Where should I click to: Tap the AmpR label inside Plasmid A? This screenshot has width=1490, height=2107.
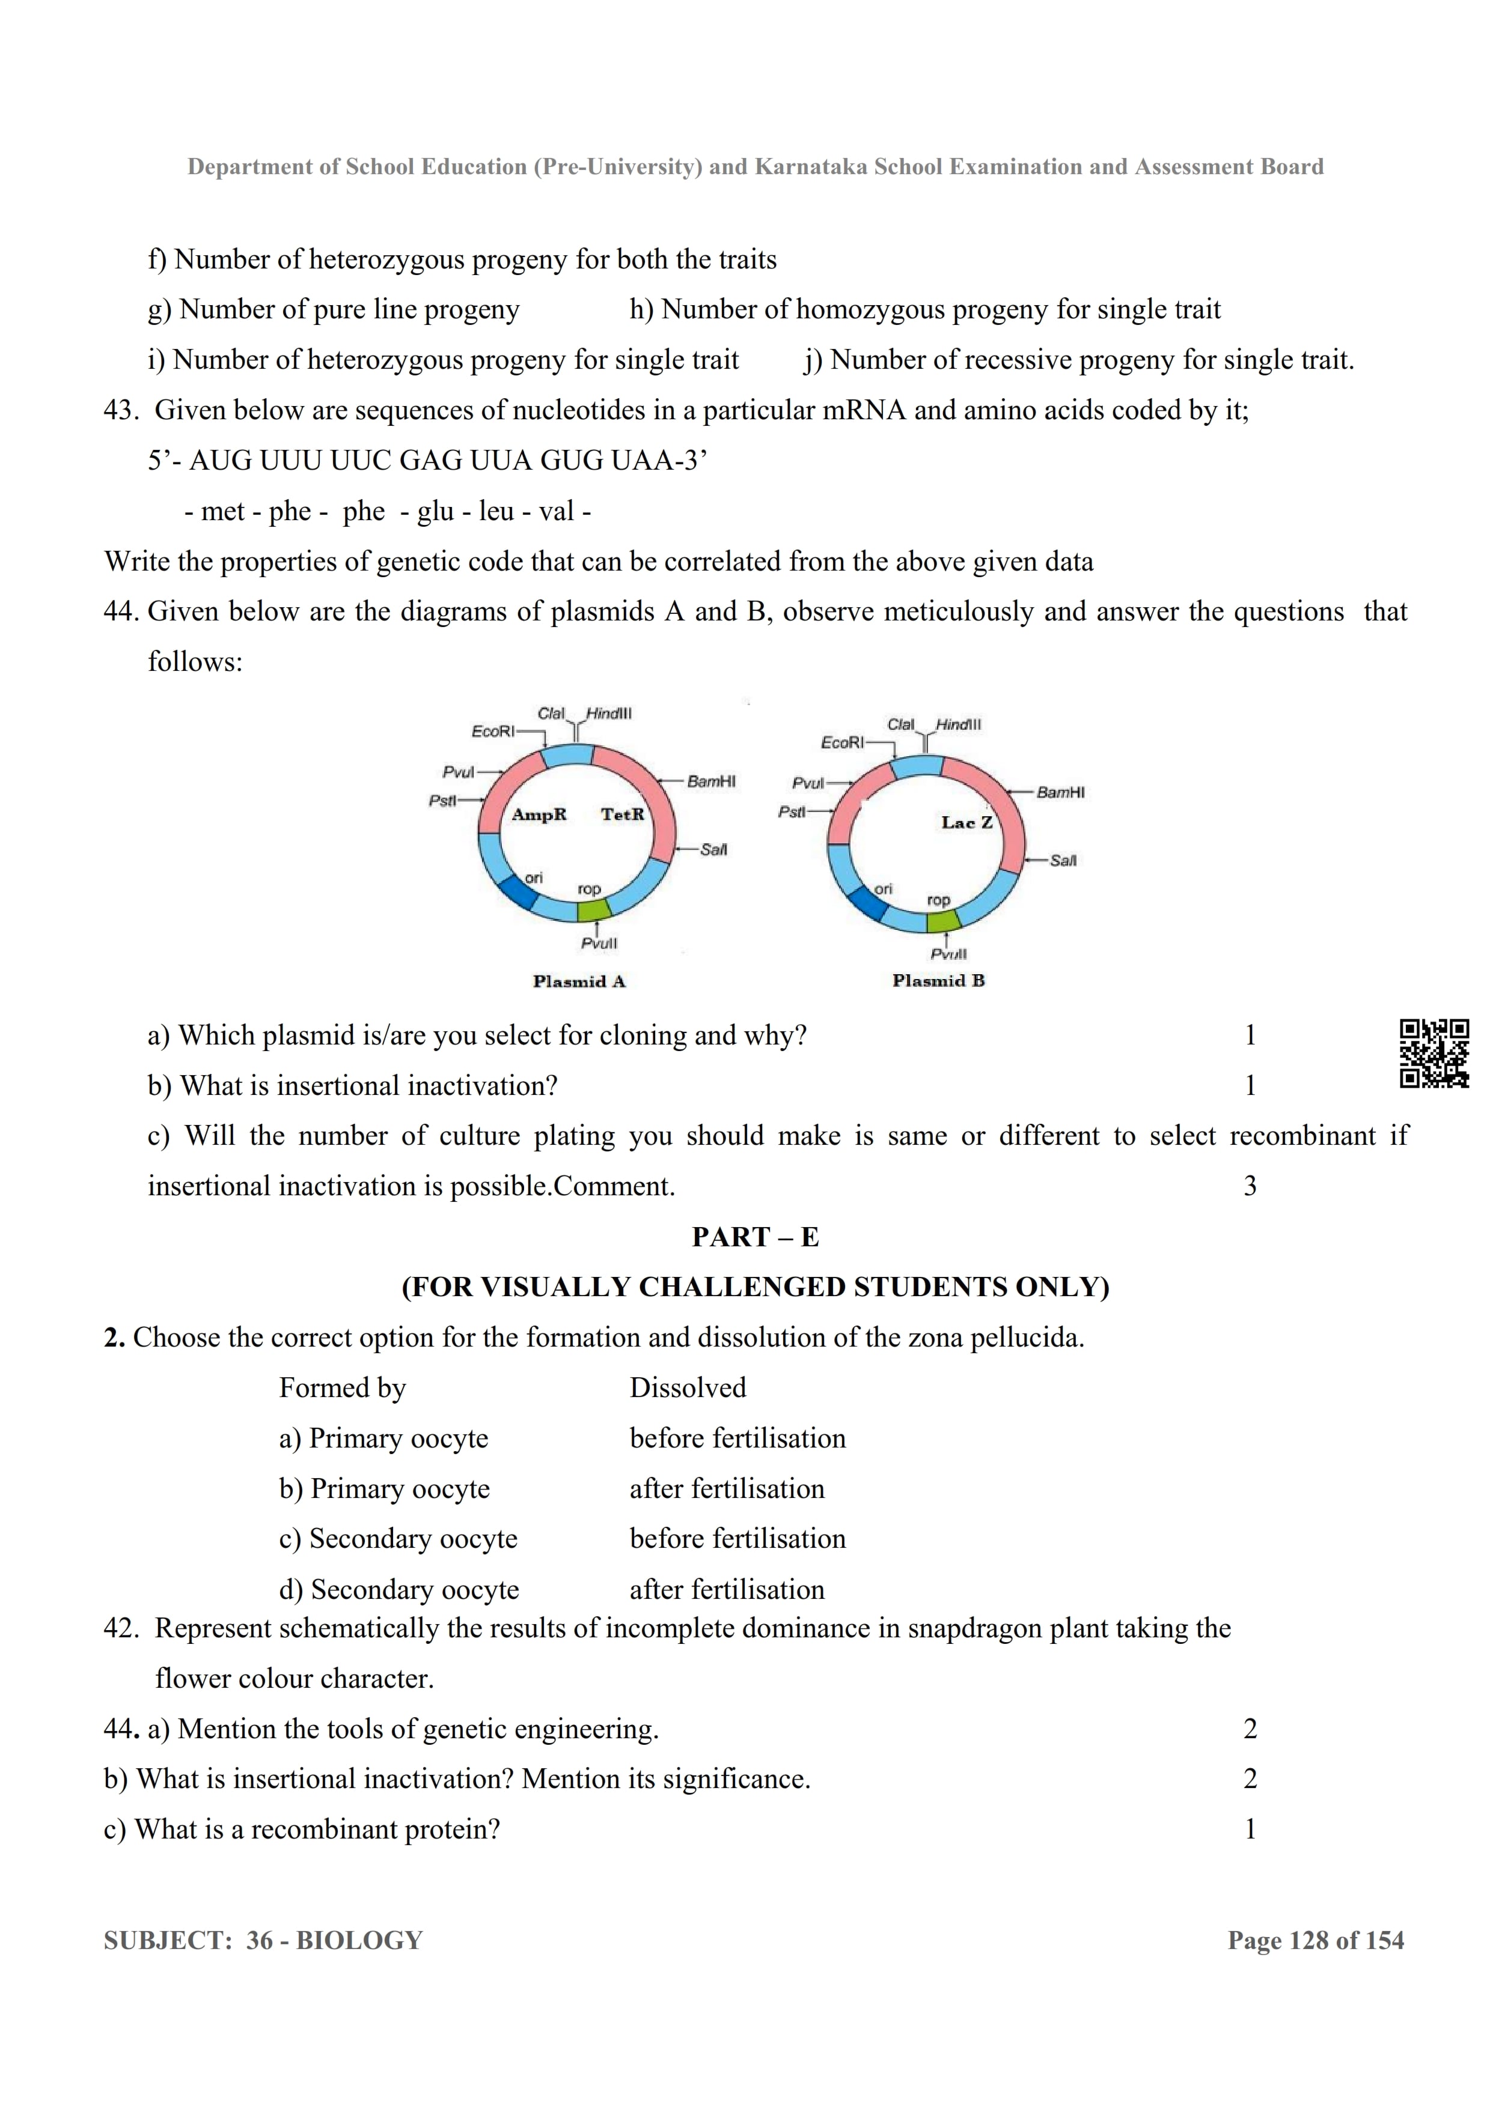coord(539,815)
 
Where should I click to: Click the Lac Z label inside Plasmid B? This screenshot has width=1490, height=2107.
coord(966,823)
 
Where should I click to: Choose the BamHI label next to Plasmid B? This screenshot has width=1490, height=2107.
coord(1060,792)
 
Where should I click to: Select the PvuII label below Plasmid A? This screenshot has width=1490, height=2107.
coord(599,944)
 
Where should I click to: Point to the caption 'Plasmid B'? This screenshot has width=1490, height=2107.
coord(938,981)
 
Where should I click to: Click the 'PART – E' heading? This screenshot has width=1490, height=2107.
coord(755,1237)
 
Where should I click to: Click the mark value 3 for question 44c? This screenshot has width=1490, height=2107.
coord(1250,1187)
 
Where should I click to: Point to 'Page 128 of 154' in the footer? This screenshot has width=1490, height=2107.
coord(1316,1941)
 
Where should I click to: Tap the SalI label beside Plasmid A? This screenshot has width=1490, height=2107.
coord(713,850)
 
